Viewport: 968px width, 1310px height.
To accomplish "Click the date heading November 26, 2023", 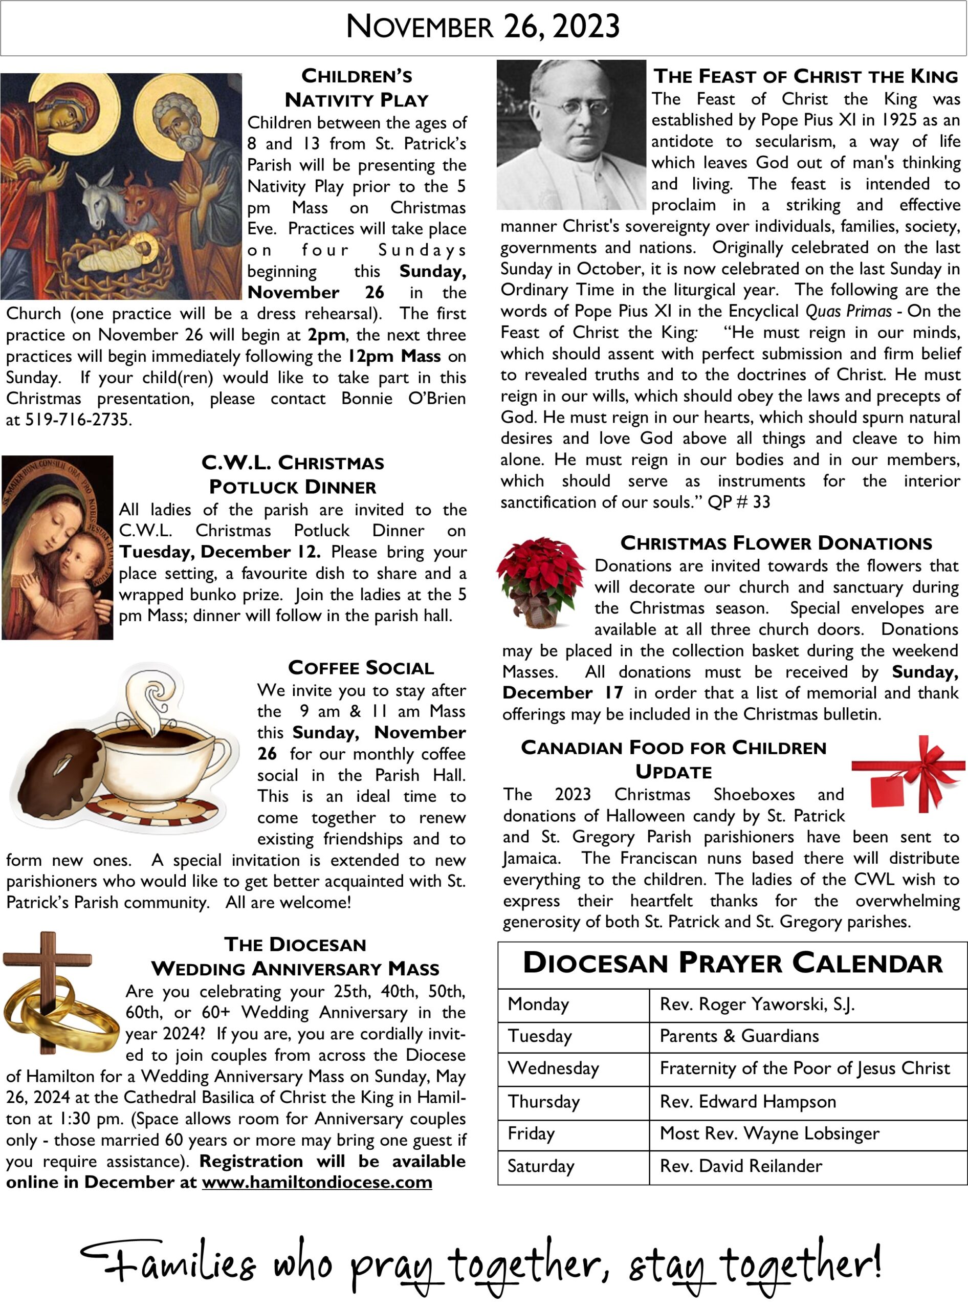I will coord(483,27).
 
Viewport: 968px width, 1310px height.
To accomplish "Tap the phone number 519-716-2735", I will coord(78,420).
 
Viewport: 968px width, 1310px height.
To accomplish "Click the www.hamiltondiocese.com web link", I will coord(317,1182).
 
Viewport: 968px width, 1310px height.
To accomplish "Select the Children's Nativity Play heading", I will coord(356,88).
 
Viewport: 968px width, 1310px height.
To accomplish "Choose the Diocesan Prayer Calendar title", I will coord(733,964).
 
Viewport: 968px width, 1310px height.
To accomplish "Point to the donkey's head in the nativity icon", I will coord(100,199).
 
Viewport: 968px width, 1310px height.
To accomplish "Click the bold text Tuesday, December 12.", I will coord(219,552).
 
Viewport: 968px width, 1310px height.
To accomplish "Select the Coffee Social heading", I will coord(361,668).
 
